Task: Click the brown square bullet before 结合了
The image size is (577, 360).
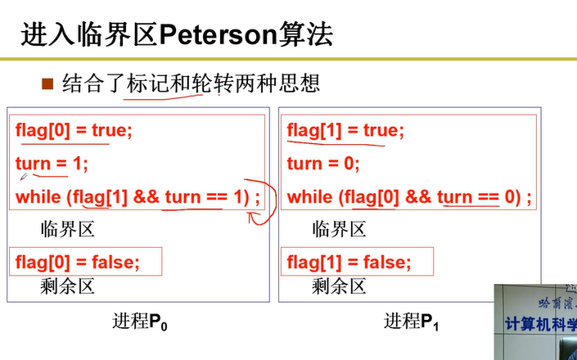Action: pos(47,83)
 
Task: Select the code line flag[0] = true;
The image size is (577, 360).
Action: pos(73,130)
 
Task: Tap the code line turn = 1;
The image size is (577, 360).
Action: pos(51,164)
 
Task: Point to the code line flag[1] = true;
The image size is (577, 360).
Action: pos(345,130)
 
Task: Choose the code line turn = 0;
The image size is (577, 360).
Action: pos(322,164)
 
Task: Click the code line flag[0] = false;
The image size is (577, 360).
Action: pos(77,262)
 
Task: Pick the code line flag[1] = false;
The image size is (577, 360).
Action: pos(349,262)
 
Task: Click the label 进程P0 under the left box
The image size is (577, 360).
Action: pos(140,322)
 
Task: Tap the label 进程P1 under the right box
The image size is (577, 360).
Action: pos(412,322)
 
